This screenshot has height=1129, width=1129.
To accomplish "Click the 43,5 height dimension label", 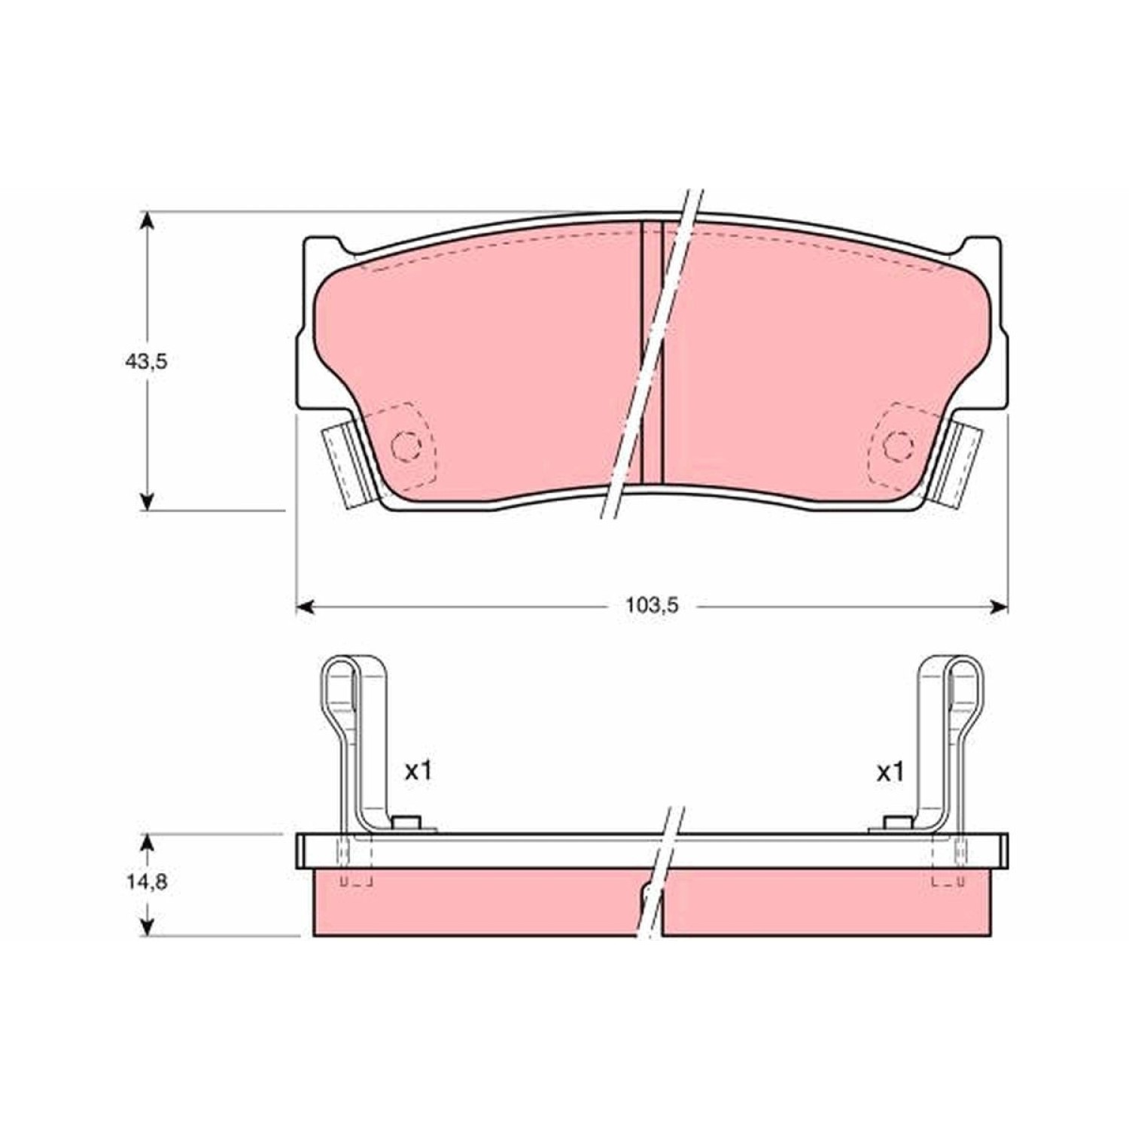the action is tap(145, 362).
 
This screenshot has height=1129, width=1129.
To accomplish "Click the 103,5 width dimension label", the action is tap(652, 604).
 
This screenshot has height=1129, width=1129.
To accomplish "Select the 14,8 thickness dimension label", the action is tap(146, 882).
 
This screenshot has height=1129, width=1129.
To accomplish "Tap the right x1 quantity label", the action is tap(890, 771).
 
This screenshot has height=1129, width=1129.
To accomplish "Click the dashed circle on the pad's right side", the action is tap(897, 446).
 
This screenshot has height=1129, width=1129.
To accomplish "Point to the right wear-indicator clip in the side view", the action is tap(951, 745).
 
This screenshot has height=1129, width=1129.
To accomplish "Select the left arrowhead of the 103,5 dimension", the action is tap(303, 606).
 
